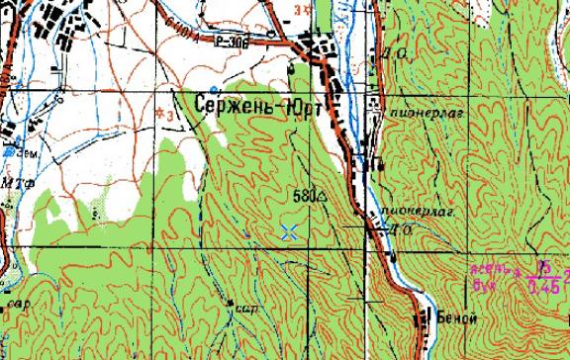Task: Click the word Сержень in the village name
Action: [235, 103]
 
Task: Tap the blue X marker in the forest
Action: [289, 232]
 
